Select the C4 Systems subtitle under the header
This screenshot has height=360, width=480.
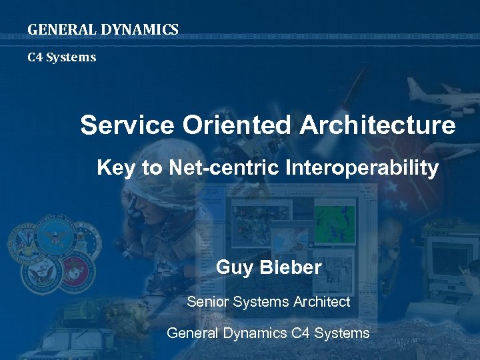(x=61, y=57)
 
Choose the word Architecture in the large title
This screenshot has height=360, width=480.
(x=377, y=125)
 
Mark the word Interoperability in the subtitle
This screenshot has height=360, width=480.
(x=361, y=168)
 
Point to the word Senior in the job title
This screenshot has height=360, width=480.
(x=207, y=302)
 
